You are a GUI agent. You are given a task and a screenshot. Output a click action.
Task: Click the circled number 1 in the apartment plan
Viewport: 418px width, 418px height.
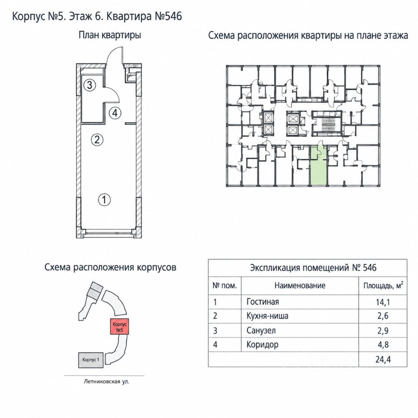(104, 200)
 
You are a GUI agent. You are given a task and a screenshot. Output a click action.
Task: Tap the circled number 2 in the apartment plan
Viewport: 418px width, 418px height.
(97, 139)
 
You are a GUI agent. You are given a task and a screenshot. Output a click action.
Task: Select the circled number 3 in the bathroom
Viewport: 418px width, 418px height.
(89, 85)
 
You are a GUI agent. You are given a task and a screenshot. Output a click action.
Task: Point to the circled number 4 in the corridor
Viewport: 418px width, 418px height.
(115, 113)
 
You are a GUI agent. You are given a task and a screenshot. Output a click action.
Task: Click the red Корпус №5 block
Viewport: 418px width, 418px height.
(120, 327)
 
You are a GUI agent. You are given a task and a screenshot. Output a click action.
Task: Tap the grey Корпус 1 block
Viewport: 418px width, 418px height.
(91, 360)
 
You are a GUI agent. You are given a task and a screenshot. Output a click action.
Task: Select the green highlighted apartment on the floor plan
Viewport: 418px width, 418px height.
(319, 166)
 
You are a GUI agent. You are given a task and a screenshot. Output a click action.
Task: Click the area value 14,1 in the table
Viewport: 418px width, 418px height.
(383, 302)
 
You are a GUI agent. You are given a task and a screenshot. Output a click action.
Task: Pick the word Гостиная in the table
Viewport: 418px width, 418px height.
(263, 302)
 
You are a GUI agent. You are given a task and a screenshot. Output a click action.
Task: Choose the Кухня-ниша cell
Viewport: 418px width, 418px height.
(267, 316)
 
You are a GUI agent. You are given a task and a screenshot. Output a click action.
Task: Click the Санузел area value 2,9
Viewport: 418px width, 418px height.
(383, 331)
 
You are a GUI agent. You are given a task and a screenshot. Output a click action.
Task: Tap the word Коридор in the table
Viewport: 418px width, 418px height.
(263, 345)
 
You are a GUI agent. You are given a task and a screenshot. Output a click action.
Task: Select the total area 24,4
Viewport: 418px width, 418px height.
(383, 360)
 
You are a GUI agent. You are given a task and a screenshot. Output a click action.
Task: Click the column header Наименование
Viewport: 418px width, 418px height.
(300, 286)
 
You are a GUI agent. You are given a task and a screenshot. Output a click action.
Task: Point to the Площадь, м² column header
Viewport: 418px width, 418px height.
(383, 285)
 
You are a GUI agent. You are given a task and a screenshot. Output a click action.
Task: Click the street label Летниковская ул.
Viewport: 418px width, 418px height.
(106, 382)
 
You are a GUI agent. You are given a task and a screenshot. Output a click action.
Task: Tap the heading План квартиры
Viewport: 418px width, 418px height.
(110, 35)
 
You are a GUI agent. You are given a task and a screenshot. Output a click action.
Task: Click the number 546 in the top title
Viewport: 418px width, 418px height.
(174, 16)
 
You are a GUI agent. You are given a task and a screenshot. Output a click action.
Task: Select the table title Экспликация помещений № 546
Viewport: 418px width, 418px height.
(313, 268)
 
